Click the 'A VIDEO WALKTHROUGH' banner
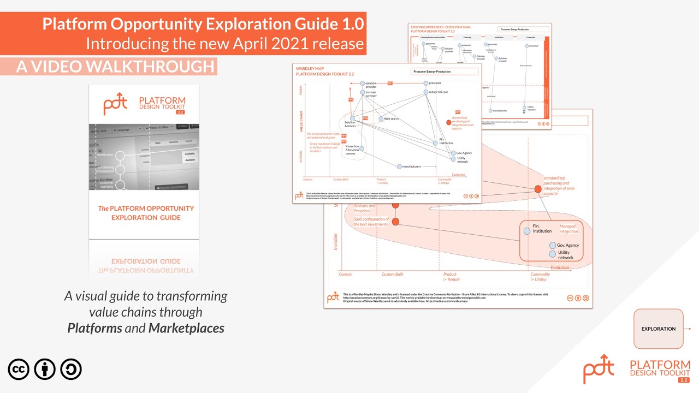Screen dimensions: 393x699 click(115, 66)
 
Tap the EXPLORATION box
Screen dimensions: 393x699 click(658, 329)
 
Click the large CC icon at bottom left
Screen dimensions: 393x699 click(19, 370)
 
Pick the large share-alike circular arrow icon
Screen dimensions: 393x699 click(71, 370)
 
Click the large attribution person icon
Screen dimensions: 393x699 click(45, 370)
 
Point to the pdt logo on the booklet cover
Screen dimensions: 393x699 click(115, 104)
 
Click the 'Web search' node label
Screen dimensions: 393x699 click(391, 118)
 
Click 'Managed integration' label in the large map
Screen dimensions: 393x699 click(568, 229)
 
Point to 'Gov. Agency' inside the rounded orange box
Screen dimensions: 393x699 click(567, 246)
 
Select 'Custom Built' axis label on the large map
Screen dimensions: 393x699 click(392, 275)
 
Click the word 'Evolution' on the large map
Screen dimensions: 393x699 click(560, 267)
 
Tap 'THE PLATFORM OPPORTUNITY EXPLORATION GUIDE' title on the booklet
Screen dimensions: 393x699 click(146, 212)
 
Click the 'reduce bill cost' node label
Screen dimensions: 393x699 click(438, 92)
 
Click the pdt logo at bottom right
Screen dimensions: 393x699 click(599, 368)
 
